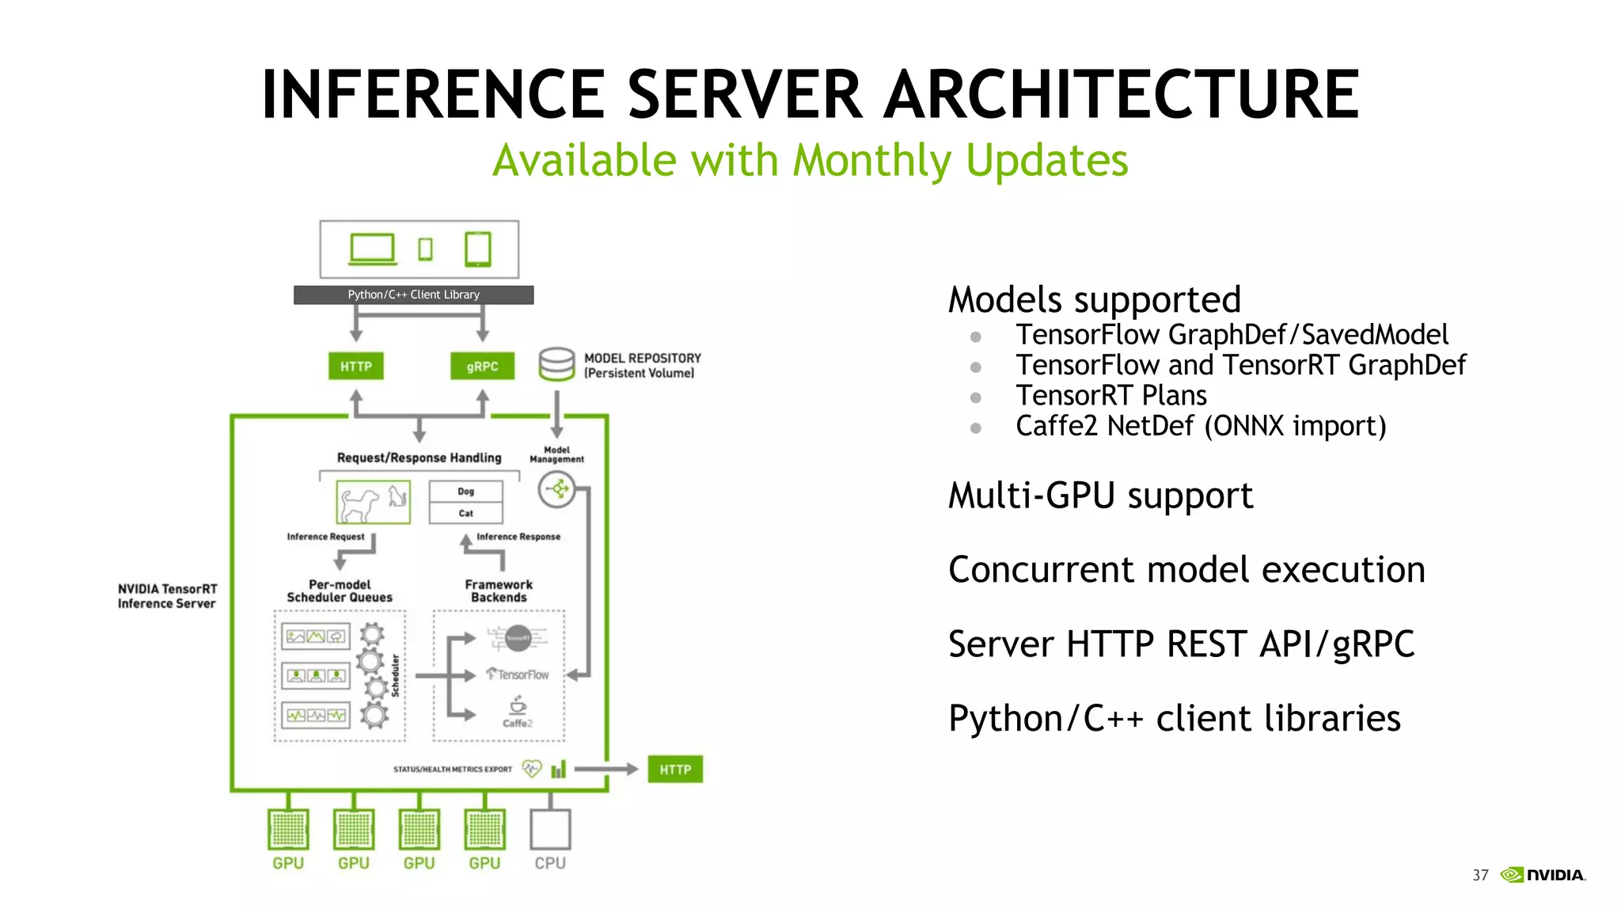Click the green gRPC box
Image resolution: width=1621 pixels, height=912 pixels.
pyautogui.click(x=482, y=367)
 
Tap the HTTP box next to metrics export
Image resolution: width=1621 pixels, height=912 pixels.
pyautogui.click(x=675, y=769)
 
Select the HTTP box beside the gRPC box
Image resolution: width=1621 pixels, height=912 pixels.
pyautogui.click(x=356, y=367)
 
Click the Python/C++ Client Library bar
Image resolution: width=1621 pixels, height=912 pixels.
pyautogui.click(x=413, y=294)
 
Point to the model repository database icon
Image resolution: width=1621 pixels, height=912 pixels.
pyautogui.click(x=556, y=364)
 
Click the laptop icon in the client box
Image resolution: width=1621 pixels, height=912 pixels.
pyautogui.click(x=372, y=249)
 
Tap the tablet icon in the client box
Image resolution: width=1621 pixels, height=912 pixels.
pyautogui.click(x=478, y=249)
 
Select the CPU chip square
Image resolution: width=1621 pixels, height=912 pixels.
pyautogui.click(x=550, y=830)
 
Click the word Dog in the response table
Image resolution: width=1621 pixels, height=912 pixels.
pyautogui.click(x=465, y=492)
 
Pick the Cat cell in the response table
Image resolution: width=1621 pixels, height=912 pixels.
pyautogui.click(x=465, y=513)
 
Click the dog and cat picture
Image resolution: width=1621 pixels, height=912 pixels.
pyautogui.click(x=373, y=502)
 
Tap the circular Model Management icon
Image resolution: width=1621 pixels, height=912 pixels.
pyautogui.click(x=556, y=489)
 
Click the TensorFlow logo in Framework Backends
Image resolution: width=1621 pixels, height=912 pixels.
pyautogui.click(x=518, y=674)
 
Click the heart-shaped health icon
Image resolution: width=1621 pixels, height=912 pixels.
pyautogui.click(x=532, y=769)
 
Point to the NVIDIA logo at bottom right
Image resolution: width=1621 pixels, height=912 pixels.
pyautogui.click(x=1543, y=875)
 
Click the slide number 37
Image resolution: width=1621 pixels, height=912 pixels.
pyautogui.click(x=1480, y=875)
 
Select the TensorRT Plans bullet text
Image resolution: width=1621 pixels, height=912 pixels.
pyautogui.click(x=1111, y=395)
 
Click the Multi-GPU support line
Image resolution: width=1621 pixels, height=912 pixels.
pyautogui.click(x=1100, y=496)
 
